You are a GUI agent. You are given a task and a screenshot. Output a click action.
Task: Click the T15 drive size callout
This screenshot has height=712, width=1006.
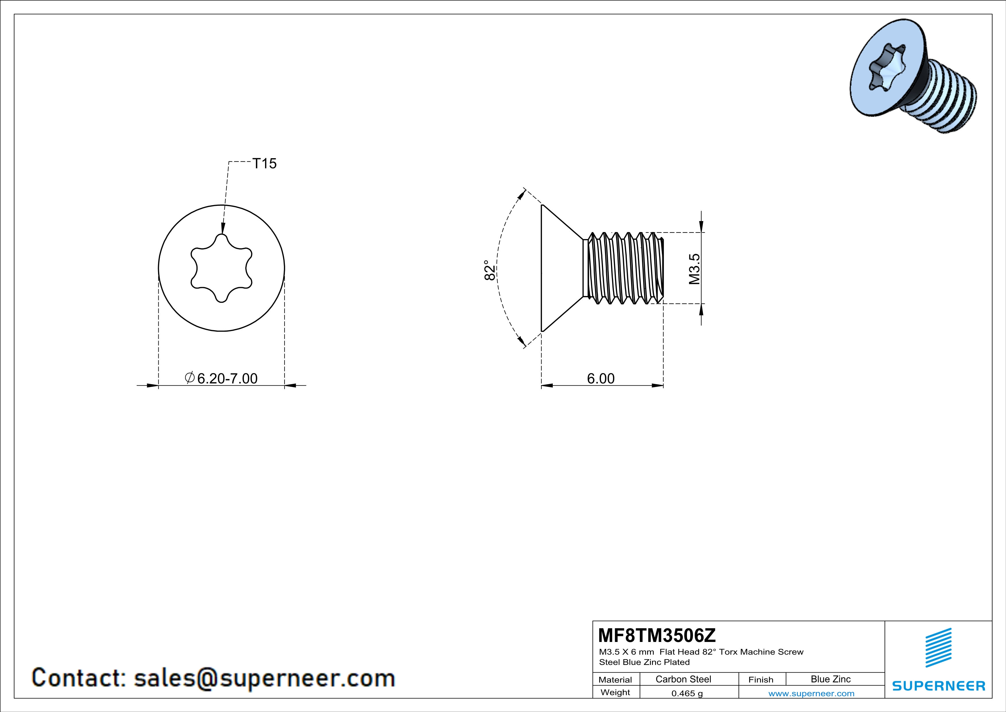click(264, 164)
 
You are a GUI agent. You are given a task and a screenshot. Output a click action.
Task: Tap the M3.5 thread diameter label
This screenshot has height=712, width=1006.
click(694, 269)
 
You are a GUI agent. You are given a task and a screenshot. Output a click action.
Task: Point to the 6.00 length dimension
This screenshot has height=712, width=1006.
click(601, 378)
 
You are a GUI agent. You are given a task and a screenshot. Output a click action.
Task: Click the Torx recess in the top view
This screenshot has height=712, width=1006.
click(221, 268)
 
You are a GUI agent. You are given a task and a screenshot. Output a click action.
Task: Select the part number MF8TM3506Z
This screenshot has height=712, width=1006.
click(656, 635)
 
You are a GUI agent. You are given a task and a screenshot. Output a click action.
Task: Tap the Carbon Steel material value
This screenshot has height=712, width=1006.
click(683, 679)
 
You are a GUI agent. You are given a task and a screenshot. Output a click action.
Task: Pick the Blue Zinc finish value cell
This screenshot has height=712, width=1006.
click(830, 679)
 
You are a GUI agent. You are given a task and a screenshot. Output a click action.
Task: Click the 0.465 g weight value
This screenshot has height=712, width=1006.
click(687, 693)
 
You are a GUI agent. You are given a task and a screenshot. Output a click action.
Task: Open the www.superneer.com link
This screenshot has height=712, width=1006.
click(811, 693)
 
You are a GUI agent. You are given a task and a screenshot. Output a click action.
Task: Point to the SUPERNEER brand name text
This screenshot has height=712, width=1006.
click(939, 686)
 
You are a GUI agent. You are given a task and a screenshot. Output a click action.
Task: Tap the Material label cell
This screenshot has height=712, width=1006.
click(615, 680)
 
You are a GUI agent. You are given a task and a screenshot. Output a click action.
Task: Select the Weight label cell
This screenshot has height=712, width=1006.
click(615, 692)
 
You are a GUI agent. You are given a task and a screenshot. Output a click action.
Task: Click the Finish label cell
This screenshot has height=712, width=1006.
click(761, 680)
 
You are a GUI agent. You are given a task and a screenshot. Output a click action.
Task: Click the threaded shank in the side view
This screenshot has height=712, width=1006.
click(624, 268)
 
